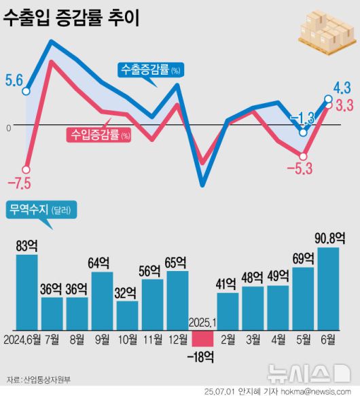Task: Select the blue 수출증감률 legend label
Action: tap(149, 69)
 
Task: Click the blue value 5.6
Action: tap(14, 80)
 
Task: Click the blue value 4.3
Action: tap(342, 87)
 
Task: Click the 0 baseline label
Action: tap(8, 127)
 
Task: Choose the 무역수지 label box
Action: tap(41, 210)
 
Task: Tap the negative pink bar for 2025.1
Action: tap(203, 334)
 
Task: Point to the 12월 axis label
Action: tap(177, 339)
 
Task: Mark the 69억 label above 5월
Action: tap(303, 259)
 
